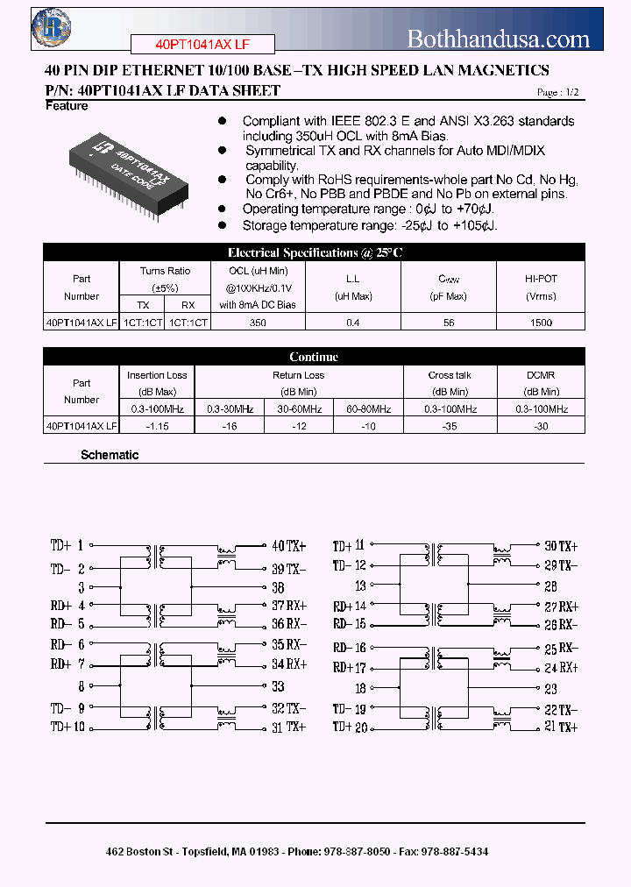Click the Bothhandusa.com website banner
(499, 39)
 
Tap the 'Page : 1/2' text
(557, 92)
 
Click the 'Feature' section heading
(67, 106)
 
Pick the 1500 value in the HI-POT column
(541, 323)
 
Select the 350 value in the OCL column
(257, 323)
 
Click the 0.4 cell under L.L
(353, 323)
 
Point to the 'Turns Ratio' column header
(165, 271)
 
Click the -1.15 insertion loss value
(157, 426)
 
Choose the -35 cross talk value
(450, 426)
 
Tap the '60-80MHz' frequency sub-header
(368, 409)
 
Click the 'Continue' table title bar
(314, 357)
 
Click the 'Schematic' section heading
(110, 455)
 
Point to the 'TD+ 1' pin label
(67, 546)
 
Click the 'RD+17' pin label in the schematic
(349, 667)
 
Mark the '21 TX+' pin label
(561, 727)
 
